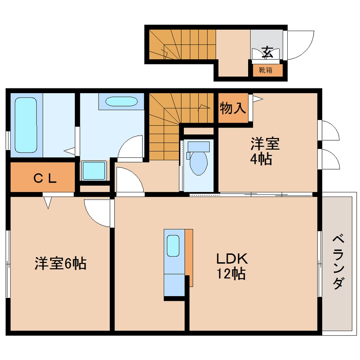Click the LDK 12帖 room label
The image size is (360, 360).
tap(232, 266)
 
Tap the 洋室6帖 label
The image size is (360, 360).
tap(60, 263)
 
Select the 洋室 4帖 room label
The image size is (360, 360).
tap(265, 151)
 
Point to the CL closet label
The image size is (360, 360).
tap(45, 178)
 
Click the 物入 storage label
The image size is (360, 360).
tap(233, 108)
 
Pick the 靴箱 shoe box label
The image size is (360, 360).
tap(266, 70)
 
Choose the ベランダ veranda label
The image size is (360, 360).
tap(339, 262)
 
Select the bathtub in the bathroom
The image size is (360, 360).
tap(26, 125)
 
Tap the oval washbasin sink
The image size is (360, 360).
tap(121, 101)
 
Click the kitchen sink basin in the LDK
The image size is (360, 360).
tap(173, 246)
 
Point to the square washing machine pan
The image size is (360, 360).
tap(94, 170)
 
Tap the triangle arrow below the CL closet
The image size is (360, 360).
tap(48, 203)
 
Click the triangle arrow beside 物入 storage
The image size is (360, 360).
tap(258, 99)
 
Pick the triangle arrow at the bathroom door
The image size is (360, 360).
tap(69, 151)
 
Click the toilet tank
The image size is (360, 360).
tap(199, 146)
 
